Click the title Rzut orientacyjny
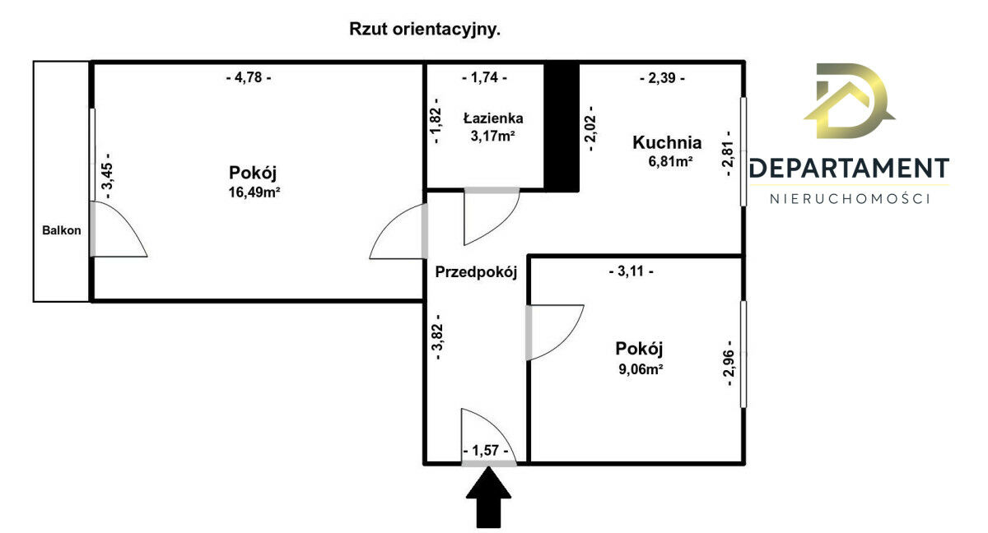coord(425,30)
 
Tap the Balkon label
coord(61,230)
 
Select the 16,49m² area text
coord(254,192)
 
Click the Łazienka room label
coord(493,118)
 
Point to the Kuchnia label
coord(667,142)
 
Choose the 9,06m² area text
coord(641,369)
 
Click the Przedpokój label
coord(476,272)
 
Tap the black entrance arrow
coord(489,498)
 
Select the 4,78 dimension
coord(249,77)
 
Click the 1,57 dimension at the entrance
coord(486,451)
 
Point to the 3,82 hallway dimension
coord(437,337)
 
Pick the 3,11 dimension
coord(631,271)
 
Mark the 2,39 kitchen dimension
coord(663,78)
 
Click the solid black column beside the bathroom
coord(561,127)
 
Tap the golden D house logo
coord(849,101)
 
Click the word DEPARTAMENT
coord(850,169)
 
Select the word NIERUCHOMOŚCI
coord(850,199)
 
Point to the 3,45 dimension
coord(107,176)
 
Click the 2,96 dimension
coord(729,364)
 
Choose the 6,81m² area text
coord(670,162)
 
